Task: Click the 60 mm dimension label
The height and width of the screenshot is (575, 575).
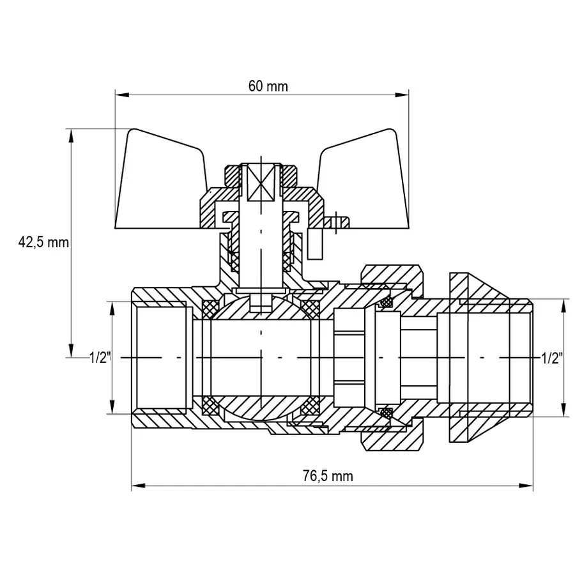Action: tap(268, 87)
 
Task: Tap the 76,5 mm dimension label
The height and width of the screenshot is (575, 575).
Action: tap(327, 476)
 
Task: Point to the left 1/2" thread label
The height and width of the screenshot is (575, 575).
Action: tap(100, 358)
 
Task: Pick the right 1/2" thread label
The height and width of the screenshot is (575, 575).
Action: tap(551, 358)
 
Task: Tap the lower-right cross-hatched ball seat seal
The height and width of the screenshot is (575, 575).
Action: tap(311, 405)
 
